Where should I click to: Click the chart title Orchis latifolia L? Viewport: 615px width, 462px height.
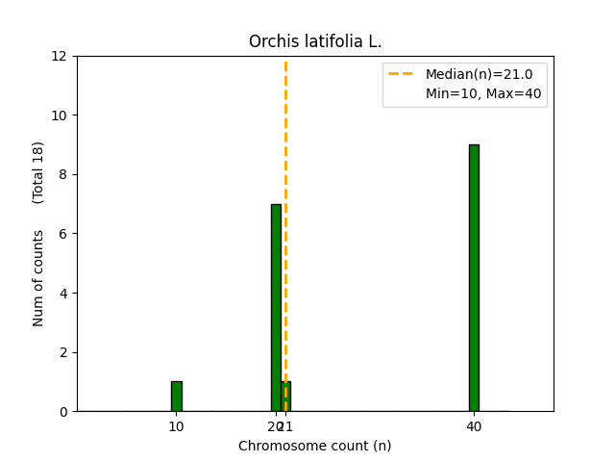tap(315, 41)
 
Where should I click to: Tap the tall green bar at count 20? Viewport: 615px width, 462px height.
tap(276, 307)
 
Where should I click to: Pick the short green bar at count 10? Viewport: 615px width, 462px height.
tap(176, 397)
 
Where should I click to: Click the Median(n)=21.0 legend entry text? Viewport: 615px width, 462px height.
tap(472, 74)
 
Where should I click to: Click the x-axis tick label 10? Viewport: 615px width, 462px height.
tap(176, 426)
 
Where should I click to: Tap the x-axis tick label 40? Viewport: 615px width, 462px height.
tap(474, 426)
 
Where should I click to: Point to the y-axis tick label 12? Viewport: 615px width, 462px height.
tap(60, 56)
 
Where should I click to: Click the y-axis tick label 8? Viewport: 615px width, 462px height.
tap(63, 174)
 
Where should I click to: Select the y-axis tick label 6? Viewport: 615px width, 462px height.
tap(63, 234)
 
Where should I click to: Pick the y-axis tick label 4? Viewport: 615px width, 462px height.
tap(63, 293)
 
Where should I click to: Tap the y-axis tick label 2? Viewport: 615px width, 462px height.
tap(63, 352)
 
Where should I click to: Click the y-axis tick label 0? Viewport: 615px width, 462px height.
tap(63, 412)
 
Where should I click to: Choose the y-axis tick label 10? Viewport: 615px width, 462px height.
tap(60, 115)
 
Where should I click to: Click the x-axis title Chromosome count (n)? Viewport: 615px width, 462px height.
tap(315, 446)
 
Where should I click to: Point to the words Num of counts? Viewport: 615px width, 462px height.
tap(38, 278)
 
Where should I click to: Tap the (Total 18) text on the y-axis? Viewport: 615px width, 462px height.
tap(38, 172)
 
